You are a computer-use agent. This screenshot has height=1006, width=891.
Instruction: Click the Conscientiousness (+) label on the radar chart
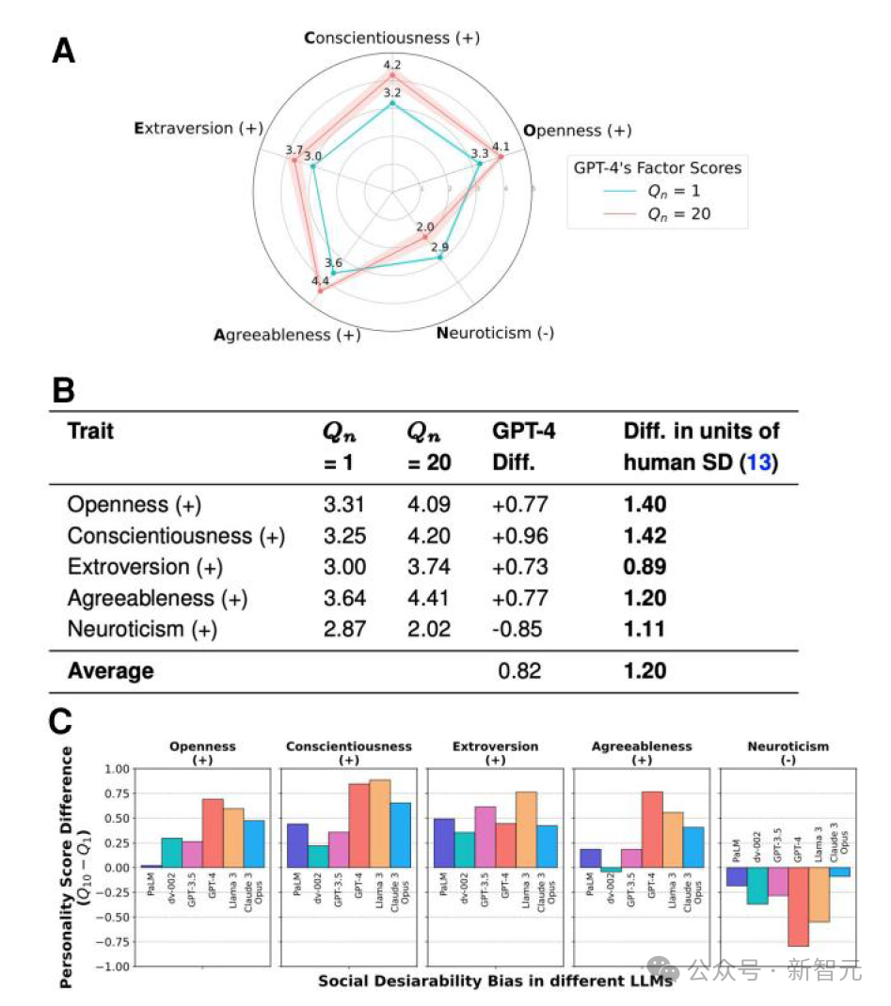pos(391,39)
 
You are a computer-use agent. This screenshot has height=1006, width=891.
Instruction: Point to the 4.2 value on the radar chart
pos(392,65)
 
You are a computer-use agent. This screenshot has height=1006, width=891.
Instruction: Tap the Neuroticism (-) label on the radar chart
pos(495,333)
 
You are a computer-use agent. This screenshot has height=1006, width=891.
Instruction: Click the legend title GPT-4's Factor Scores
pos(658,168)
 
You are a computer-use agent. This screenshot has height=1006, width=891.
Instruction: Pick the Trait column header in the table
pos(90,432)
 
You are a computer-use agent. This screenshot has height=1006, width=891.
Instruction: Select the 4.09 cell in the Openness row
pos(428,505)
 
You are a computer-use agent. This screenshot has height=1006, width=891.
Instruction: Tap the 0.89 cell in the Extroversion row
pos(644,567)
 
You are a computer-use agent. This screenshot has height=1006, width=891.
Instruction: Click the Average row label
pos(110,670)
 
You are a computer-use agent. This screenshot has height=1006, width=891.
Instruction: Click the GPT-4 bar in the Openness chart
pos(213,833)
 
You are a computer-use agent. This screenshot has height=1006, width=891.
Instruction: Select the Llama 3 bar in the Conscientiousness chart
pos(378,824)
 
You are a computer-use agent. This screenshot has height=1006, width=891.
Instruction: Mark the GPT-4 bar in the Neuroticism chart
pos(798,906)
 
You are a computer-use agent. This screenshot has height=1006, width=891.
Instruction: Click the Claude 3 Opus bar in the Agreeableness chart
pos(692,847)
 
